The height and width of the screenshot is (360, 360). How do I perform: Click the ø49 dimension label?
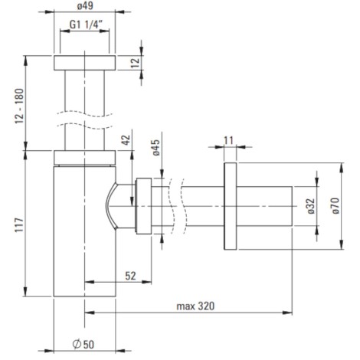pyautogui.click(x=85, y=5)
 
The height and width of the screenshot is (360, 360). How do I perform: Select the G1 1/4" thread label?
pyautogui.click(x=86, y=25)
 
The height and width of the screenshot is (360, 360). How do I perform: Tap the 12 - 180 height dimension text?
pyautogui.click(x=19, y=106)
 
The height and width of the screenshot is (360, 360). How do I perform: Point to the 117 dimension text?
pyautogui.click(x=19, y=224)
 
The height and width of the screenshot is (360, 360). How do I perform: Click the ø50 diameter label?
pyautogui.click(x=83, y=344)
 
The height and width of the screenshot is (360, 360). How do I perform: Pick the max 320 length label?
pyautogui.click(x=195, y=306)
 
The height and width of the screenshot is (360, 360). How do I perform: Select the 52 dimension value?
pyautogui.click(x=130, y=276)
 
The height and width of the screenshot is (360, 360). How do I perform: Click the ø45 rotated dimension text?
pyautogui.click(x=156, y=147)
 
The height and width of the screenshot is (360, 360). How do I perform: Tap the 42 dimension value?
pyautogui.click(x=126, y=139)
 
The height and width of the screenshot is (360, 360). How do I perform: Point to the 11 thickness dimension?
pyautogui.click(x=229, y=140)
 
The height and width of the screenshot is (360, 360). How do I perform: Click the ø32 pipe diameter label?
pyautogui.click(x=311, y=206)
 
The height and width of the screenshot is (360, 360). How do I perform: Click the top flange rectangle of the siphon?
pyautogui.click(x=85, y=63)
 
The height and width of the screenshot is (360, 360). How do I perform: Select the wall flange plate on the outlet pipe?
pyautogui.click(x=231, y=206)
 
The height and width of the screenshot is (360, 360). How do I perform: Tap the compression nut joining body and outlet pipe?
pyautogui.click(x=143, y=206)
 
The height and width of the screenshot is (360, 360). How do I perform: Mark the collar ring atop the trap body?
pyautogui.click(x=85, y=158)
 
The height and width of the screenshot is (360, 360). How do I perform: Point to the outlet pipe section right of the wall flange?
pyautogui.click(x=264, y=206)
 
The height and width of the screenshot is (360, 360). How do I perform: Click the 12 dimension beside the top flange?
pyautogui.click(x=136, y=62)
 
